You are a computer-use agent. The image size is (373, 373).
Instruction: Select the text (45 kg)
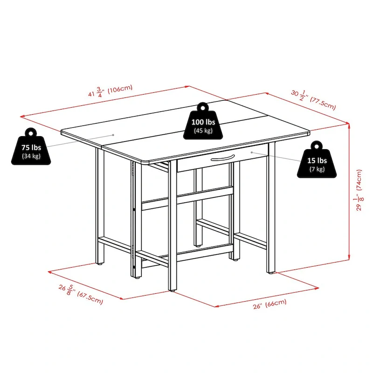pos(204,131)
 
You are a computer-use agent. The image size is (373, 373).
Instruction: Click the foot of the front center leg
pos(173,289)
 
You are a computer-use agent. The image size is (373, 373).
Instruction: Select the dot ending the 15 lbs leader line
pos(252,152)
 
